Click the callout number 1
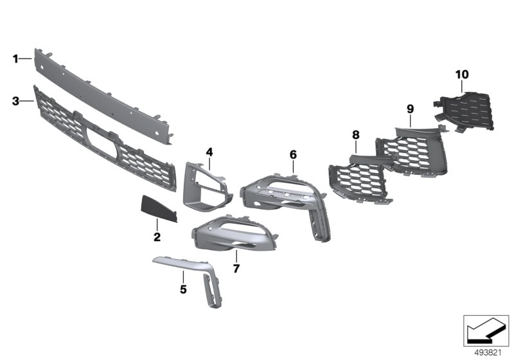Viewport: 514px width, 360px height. (x=15, y=59)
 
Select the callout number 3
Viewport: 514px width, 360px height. (x=15, y=102)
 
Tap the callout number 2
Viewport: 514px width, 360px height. (x=157, y=237)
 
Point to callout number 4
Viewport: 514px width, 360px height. (x=209, y=152)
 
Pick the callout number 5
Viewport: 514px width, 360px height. (x=183, y=289)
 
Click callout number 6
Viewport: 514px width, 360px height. (x=293, y=154)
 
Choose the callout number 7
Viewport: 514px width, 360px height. (x=236, y=269)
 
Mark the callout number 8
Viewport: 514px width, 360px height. (x=356, y=135)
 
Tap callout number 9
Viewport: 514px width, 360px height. (x=410, y=109)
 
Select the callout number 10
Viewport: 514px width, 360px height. (x=462, y=75)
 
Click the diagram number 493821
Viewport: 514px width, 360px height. (x=488, y=353)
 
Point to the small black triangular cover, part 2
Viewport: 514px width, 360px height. (x=158, y=208)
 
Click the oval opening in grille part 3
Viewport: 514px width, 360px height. (x=102, y=142)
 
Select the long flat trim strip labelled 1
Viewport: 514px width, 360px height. (x=103, y=96)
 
